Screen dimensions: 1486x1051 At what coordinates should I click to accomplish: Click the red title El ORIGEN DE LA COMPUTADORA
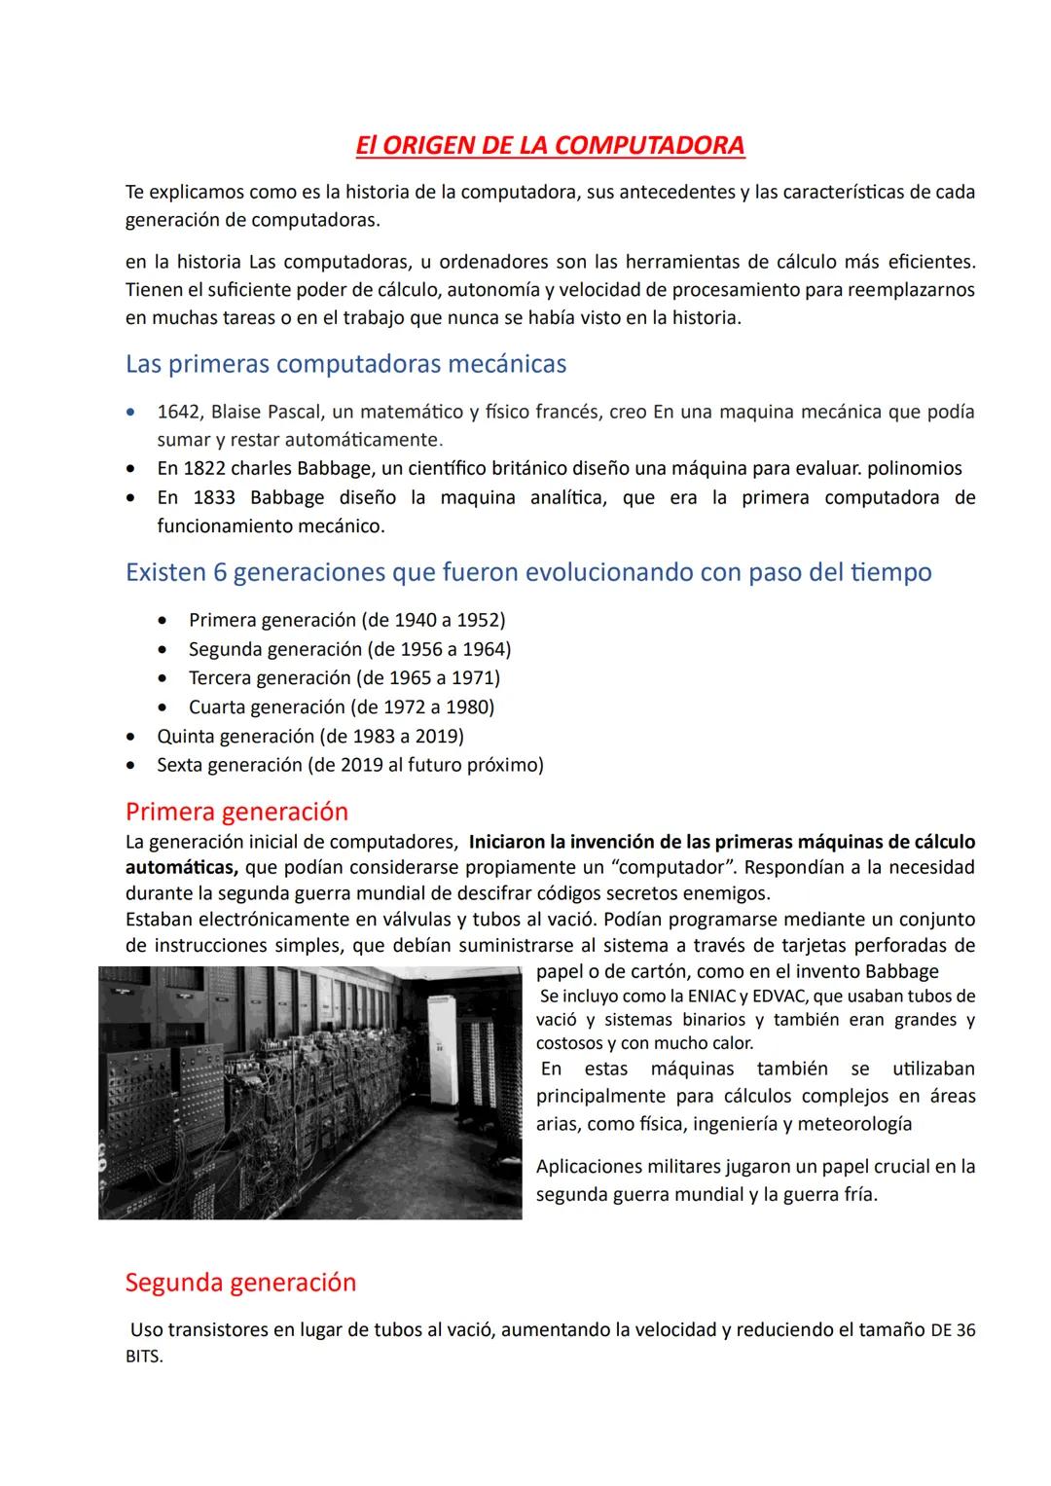(550, 145)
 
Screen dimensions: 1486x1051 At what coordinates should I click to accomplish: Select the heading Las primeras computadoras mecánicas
(345, 364)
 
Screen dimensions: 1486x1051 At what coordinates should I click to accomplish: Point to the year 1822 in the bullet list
(204, 468)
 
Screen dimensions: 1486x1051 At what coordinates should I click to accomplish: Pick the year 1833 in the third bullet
(210, 497)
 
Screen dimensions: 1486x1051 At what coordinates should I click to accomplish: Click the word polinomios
(914, 468)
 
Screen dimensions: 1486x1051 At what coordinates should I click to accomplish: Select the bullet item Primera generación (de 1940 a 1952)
(346, 620)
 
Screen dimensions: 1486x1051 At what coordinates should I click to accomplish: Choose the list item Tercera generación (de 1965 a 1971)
(344, 677)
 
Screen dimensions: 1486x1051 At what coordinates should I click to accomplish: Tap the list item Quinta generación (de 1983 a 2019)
(309, 736)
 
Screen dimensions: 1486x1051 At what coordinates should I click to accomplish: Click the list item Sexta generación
(230, 765)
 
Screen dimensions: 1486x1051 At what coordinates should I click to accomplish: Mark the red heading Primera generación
(236, 812)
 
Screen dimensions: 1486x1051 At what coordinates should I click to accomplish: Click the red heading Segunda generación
(240, 1283)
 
